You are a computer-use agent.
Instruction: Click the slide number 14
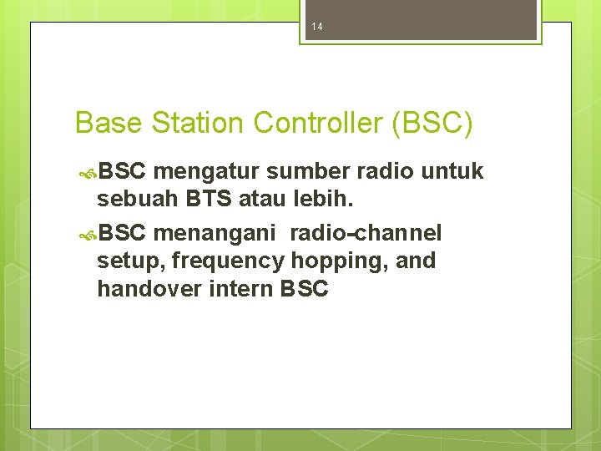pyautogui.click(x=316, y=27)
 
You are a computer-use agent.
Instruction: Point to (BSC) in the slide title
pyautogui.click(x=432, y=123)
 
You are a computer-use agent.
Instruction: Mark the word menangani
pyautogui.click(x=215, y=232)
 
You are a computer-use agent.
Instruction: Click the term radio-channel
pyautogui.click(x=366, y=232)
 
